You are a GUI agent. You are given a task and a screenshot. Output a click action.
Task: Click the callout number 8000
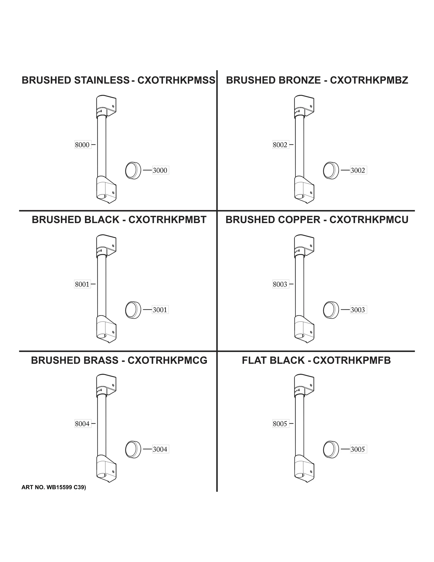click(82, 145)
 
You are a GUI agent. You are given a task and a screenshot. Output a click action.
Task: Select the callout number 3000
click(160, 170)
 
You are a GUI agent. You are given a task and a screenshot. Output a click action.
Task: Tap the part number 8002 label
click(280, 145)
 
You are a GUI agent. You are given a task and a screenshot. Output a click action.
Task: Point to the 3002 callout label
click(358, 170)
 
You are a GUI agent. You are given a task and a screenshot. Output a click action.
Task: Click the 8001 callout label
click(82, 284)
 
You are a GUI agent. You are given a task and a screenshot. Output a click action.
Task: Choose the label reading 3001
click(160, 310)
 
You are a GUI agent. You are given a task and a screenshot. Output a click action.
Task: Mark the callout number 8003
click(280, 284)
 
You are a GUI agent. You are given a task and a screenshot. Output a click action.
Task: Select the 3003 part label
click(358, 310)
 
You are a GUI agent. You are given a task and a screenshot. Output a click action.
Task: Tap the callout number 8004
click(82, 424)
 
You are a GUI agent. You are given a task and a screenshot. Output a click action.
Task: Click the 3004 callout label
click(160, 449)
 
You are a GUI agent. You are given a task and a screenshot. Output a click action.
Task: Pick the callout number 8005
click(280, 424)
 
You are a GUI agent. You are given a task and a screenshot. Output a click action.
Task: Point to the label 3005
click(358, 449)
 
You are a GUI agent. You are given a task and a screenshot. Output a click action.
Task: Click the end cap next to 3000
click(133, 170)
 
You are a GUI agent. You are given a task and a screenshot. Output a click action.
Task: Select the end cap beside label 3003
click(331, 310)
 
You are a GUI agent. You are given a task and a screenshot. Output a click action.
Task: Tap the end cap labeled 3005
click(331, 449)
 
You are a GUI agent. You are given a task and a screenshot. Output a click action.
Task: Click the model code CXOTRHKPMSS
click(176, 80)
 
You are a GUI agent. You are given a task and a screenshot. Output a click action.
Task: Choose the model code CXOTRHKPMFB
click(352, 360)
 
